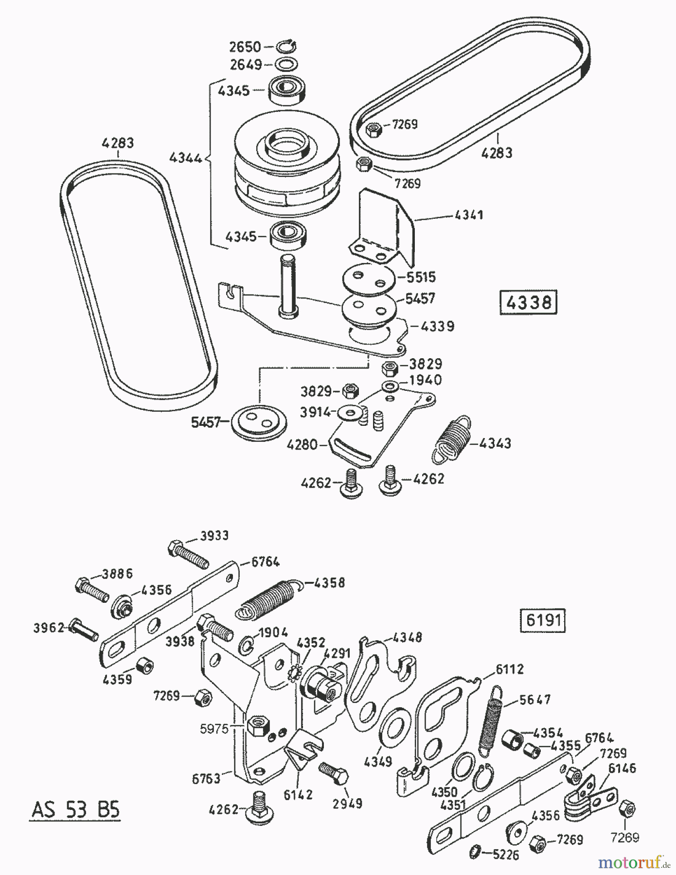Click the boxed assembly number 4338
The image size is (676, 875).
pos(528,302)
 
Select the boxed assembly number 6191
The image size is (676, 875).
pos(543,620)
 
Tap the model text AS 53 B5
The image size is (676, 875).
pos(75,810)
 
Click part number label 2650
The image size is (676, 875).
pos(246,47)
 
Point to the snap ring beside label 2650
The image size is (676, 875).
pos(286,47)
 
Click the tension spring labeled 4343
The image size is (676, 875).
pos(452,439)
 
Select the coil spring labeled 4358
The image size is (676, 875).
pos(269,598)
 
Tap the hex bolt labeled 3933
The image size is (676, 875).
pos(189,554)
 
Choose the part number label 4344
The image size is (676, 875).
pos(186,157)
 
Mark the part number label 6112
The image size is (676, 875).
pos(509,669)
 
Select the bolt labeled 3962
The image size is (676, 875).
pos(84,630)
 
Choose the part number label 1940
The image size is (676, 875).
pos(426,380)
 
